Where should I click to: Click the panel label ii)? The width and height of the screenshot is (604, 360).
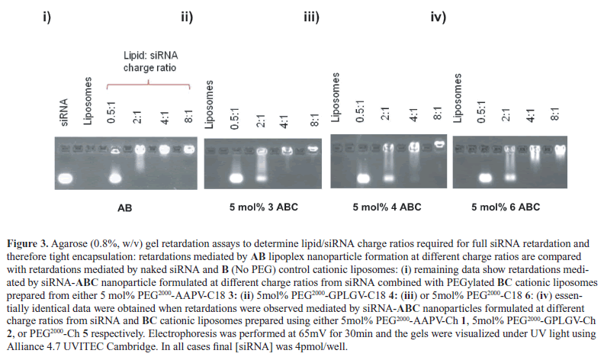tap(186, 18)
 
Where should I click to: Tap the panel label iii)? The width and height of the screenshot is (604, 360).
tap(310, 18)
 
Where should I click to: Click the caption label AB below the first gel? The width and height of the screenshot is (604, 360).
tap(121, 207)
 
